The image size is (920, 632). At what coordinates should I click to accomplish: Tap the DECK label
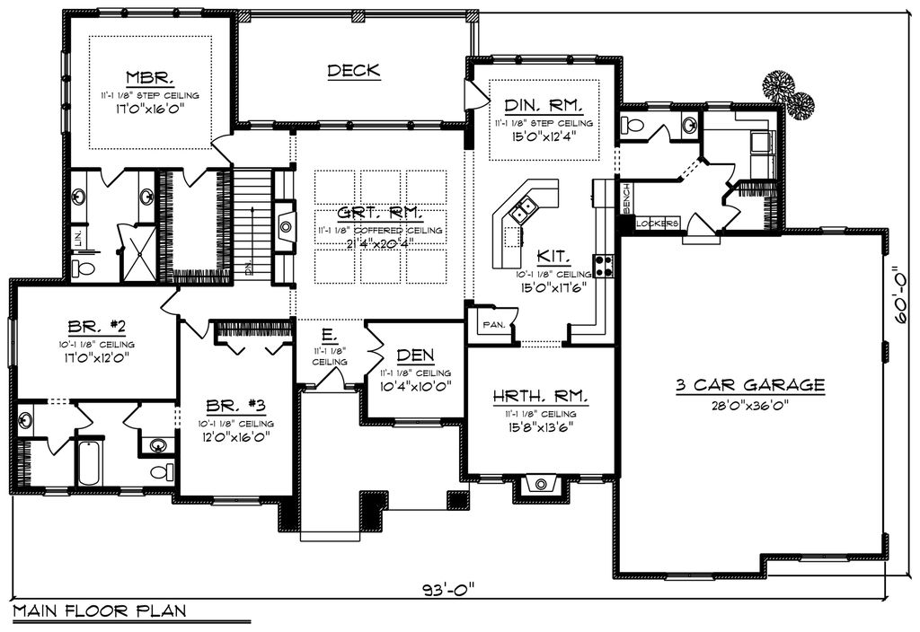(353, 70)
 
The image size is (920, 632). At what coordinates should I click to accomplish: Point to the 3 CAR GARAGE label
(750, 385)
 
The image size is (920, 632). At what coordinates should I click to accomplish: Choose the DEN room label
(415, 355)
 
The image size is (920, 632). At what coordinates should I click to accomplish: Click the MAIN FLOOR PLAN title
(99, 611)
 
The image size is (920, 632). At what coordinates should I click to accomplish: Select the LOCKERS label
(658, 223)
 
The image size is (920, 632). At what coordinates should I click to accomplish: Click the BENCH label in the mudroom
(626, 198)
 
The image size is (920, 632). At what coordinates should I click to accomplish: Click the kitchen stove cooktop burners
(604, 265)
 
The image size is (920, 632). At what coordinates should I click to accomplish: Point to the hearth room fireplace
(541, 485)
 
